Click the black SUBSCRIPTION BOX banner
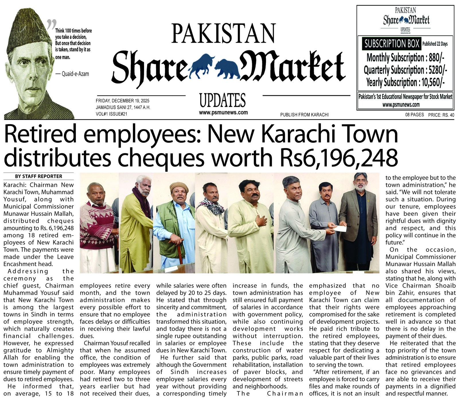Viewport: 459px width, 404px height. point(392,44)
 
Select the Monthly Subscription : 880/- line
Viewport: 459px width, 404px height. point(405,58)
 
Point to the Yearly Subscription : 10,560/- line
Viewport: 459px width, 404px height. point(405,83)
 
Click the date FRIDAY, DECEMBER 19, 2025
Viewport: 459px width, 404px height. point(122,101)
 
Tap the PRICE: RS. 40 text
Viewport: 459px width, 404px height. point(441,115)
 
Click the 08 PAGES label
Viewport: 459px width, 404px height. point(414,115)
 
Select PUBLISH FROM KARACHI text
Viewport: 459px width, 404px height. point(304,115)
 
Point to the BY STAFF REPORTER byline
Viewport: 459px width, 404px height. point(38,176)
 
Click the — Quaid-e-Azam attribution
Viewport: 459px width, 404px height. point(72,74)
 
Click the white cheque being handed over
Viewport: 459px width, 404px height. point(340,228)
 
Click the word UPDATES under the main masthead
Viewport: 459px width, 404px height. point(223,100)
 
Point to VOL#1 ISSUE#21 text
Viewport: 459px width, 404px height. point(111,114)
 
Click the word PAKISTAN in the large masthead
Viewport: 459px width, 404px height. point(223,34)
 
